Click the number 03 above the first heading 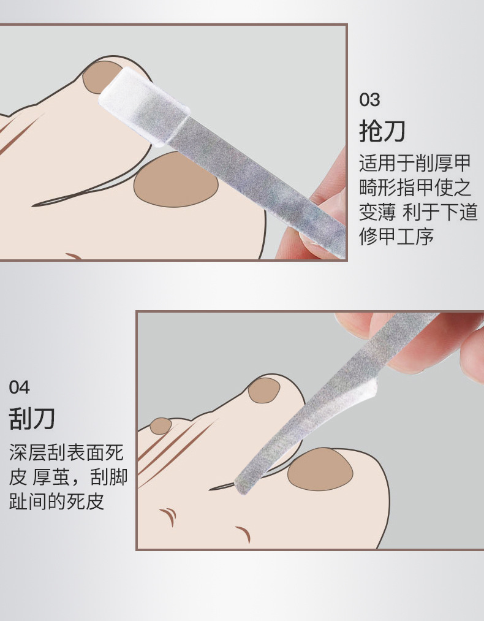click(369, 99)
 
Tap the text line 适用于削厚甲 click(415, 163)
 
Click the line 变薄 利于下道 click(418, 212)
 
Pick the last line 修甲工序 click(396, 237)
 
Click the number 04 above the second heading click(19, 387)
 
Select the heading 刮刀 click(32, 419)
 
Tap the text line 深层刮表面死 click(66, 453)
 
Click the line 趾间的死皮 click(56, 501)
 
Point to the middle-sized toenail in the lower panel click(263, 390)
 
